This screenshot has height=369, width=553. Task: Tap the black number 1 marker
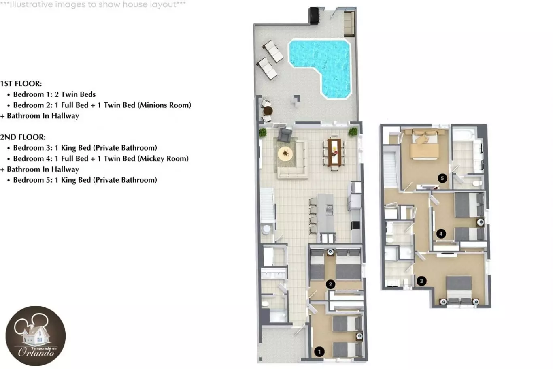pyautogui.click(x=319, y=352)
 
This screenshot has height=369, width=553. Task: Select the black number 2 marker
pyautogui.click(x=330, y=284)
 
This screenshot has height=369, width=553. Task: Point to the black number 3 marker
pyautogui.click(x=421, y=281)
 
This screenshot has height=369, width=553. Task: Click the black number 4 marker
pyautogui.click(x=441, y=234)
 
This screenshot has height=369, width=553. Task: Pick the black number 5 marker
pyautogui.click(x=442, y=178)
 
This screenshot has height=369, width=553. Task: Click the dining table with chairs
pyautogui.click(x=334, y=152)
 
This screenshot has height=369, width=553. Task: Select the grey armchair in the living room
pyautogui.click(x=285, y=135)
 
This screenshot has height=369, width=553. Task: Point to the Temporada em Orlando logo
pyautogui.click(x=36, y=336)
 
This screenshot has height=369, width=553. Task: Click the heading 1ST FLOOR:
pyautogui.click(x=21, y=84)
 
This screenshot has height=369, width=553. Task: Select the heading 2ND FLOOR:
pyautogui.click(x=23, y=137)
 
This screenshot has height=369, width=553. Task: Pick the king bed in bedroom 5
pyautogui.click(x=425, y=145)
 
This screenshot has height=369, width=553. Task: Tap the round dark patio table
pyautogui.click(x=268, y=111)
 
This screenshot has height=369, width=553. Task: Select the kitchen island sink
pyautogui.click(x=330, y=210)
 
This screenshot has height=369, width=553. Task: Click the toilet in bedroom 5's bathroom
pyautogui.click(x=477, y=183)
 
